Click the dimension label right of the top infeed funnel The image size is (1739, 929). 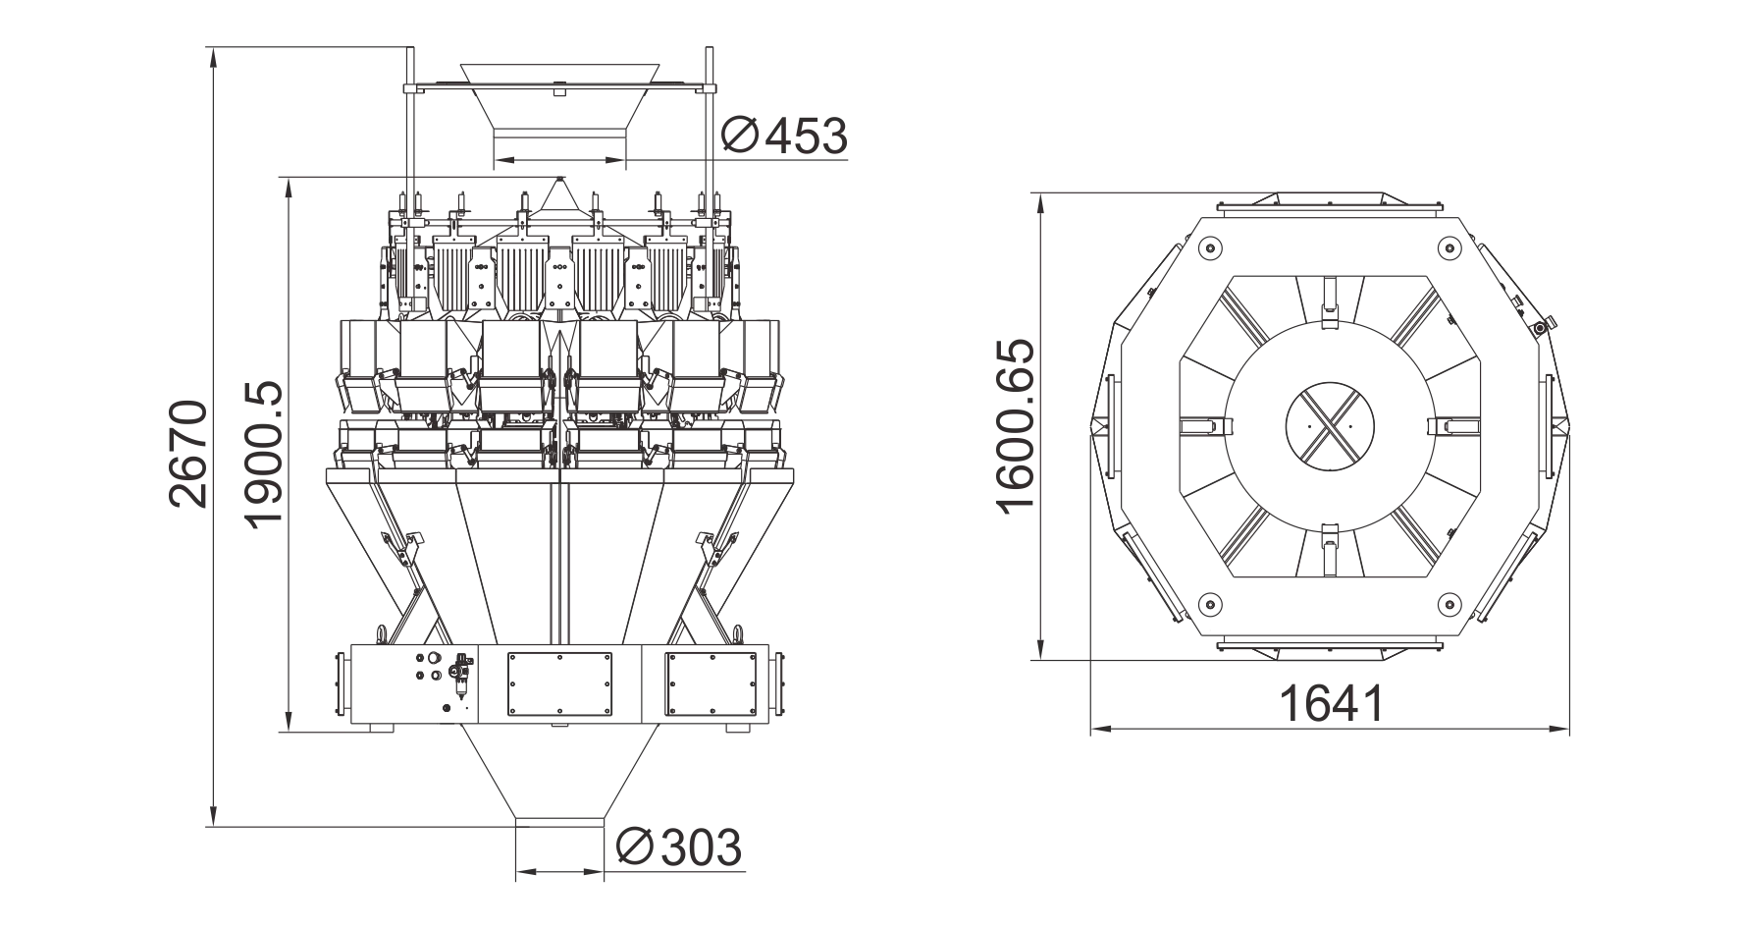(x=785, y=137)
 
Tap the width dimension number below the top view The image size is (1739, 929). (x=1331, y=703)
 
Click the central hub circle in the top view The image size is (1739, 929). (x=1330, y=424)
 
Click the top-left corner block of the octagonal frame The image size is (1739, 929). (x=1206, y=249)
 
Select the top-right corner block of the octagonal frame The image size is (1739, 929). (x=1454, y=249)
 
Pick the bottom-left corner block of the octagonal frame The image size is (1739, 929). (x=1206, y=602)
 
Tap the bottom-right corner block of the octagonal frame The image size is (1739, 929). (x=1454, y=602)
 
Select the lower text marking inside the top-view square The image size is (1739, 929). (x=1331, y=555)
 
